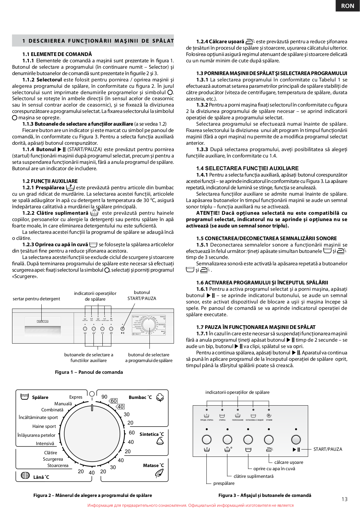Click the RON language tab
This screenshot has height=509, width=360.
click(347, 6)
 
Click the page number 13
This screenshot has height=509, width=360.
click(344, 499)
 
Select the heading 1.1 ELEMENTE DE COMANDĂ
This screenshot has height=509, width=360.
click(57, 54)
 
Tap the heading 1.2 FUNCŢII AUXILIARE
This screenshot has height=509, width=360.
click(50, 181)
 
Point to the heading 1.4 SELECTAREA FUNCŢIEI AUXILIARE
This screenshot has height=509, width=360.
click(247, 168)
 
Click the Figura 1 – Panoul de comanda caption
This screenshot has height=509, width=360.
click(89, 372)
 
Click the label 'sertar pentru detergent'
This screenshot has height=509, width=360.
click(36, 299)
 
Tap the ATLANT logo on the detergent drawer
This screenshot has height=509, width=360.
click(42, 321)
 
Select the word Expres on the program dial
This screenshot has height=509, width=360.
click(76, 397)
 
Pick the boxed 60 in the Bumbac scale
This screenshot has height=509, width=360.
click(114, 401)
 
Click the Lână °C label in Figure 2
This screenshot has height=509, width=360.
click(41, 477)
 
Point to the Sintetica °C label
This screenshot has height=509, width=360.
click(152, 434)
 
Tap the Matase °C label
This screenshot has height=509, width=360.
click(153, 465)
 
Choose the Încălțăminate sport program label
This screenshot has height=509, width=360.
click(38, 417)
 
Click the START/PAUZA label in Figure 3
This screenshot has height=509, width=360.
click(328, 449)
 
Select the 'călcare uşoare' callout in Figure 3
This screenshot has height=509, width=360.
click(288, 462)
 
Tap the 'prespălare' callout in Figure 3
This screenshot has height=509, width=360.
click(224, 483)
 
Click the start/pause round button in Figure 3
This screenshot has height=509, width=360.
click(296, 439)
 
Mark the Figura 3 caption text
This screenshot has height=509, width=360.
click(265, 495)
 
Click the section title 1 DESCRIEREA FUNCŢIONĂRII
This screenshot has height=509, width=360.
click(98, 41)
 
